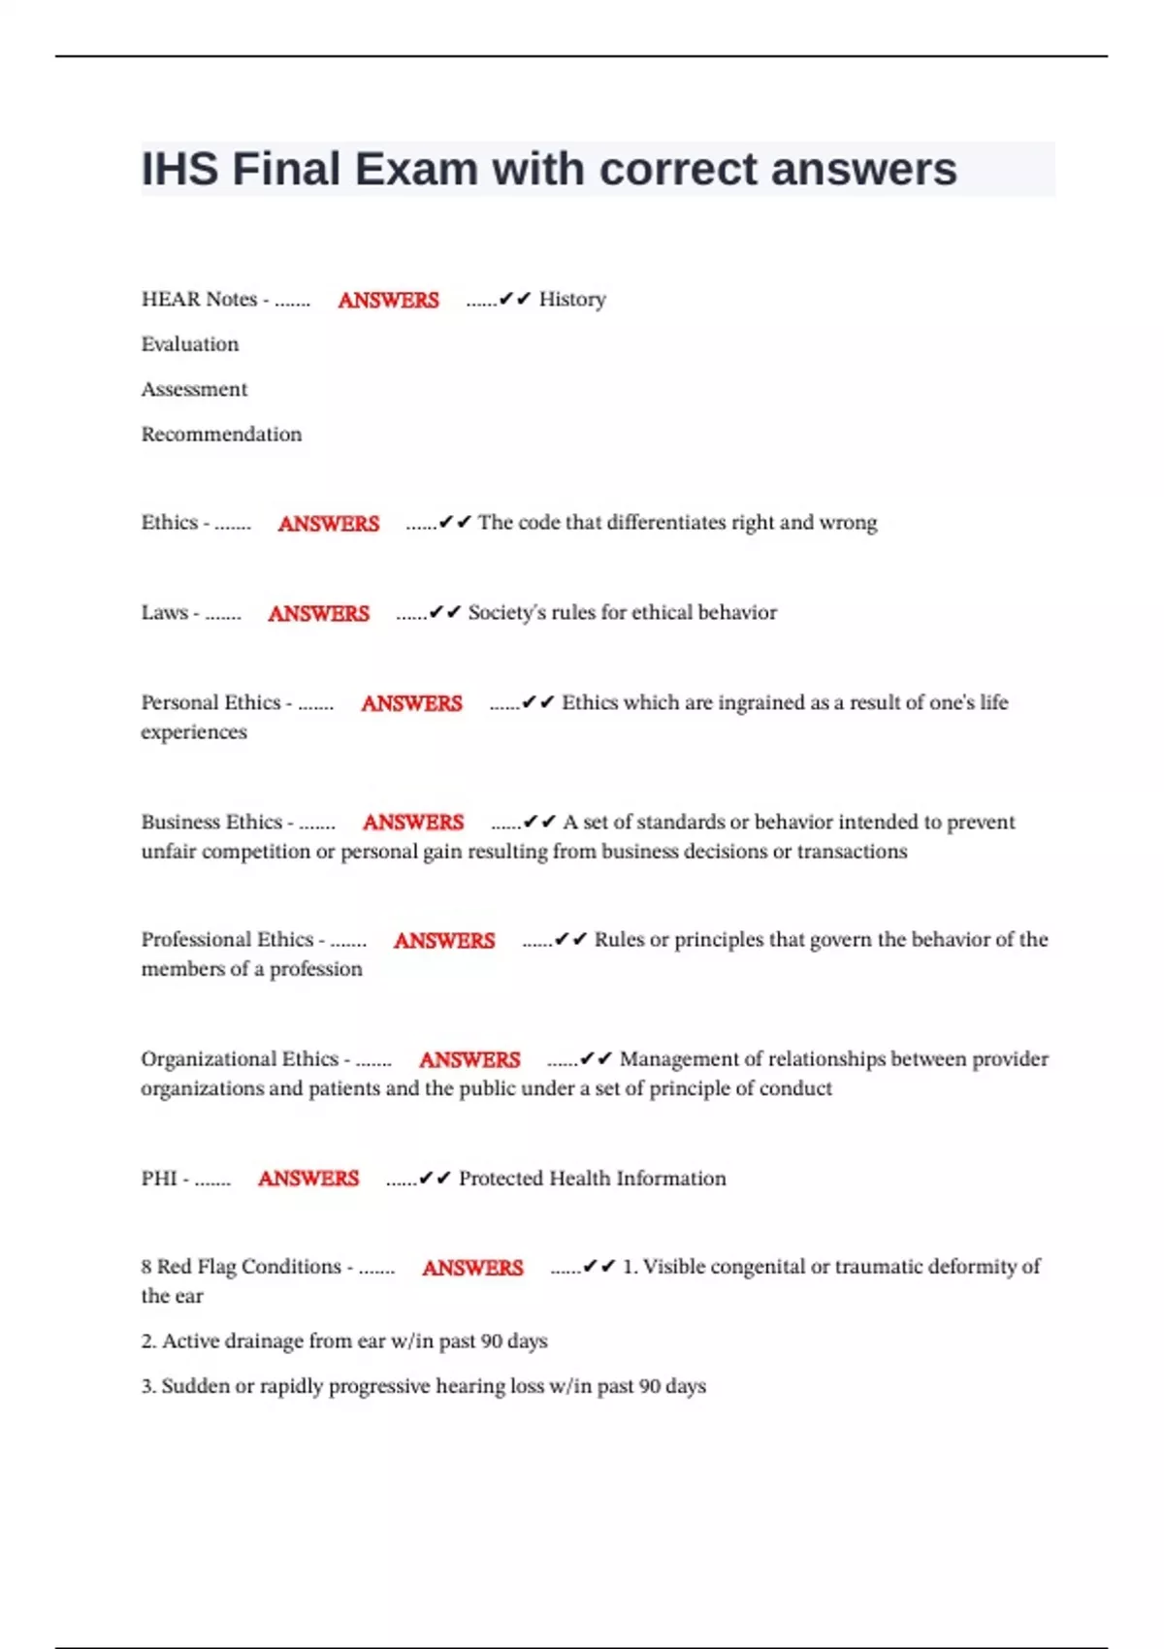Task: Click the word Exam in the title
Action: coord(415,169)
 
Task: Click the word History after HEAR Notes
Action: coord(572,299)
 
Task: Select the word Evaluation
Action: coord(190,344)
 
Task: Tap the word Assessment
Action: coord(194,389)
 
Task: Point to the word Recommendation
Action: coord(221,434)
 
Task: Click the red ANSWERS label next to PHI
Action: coord(308,1179)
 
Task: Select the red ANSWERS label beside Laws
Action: coord(318,613)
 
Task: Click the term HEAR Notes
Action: coord(199,299)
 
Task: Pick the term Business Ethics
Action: coord(211,822)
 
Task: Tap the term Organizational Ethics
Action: coord(240,1058)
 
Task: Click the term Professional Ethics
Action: coord(227,939)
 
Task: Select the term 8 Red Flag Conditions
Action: coord(241,1267)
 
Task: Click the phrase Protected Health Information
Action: coord(592,1179)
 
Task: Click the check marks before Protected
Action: coord(436,1179)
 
